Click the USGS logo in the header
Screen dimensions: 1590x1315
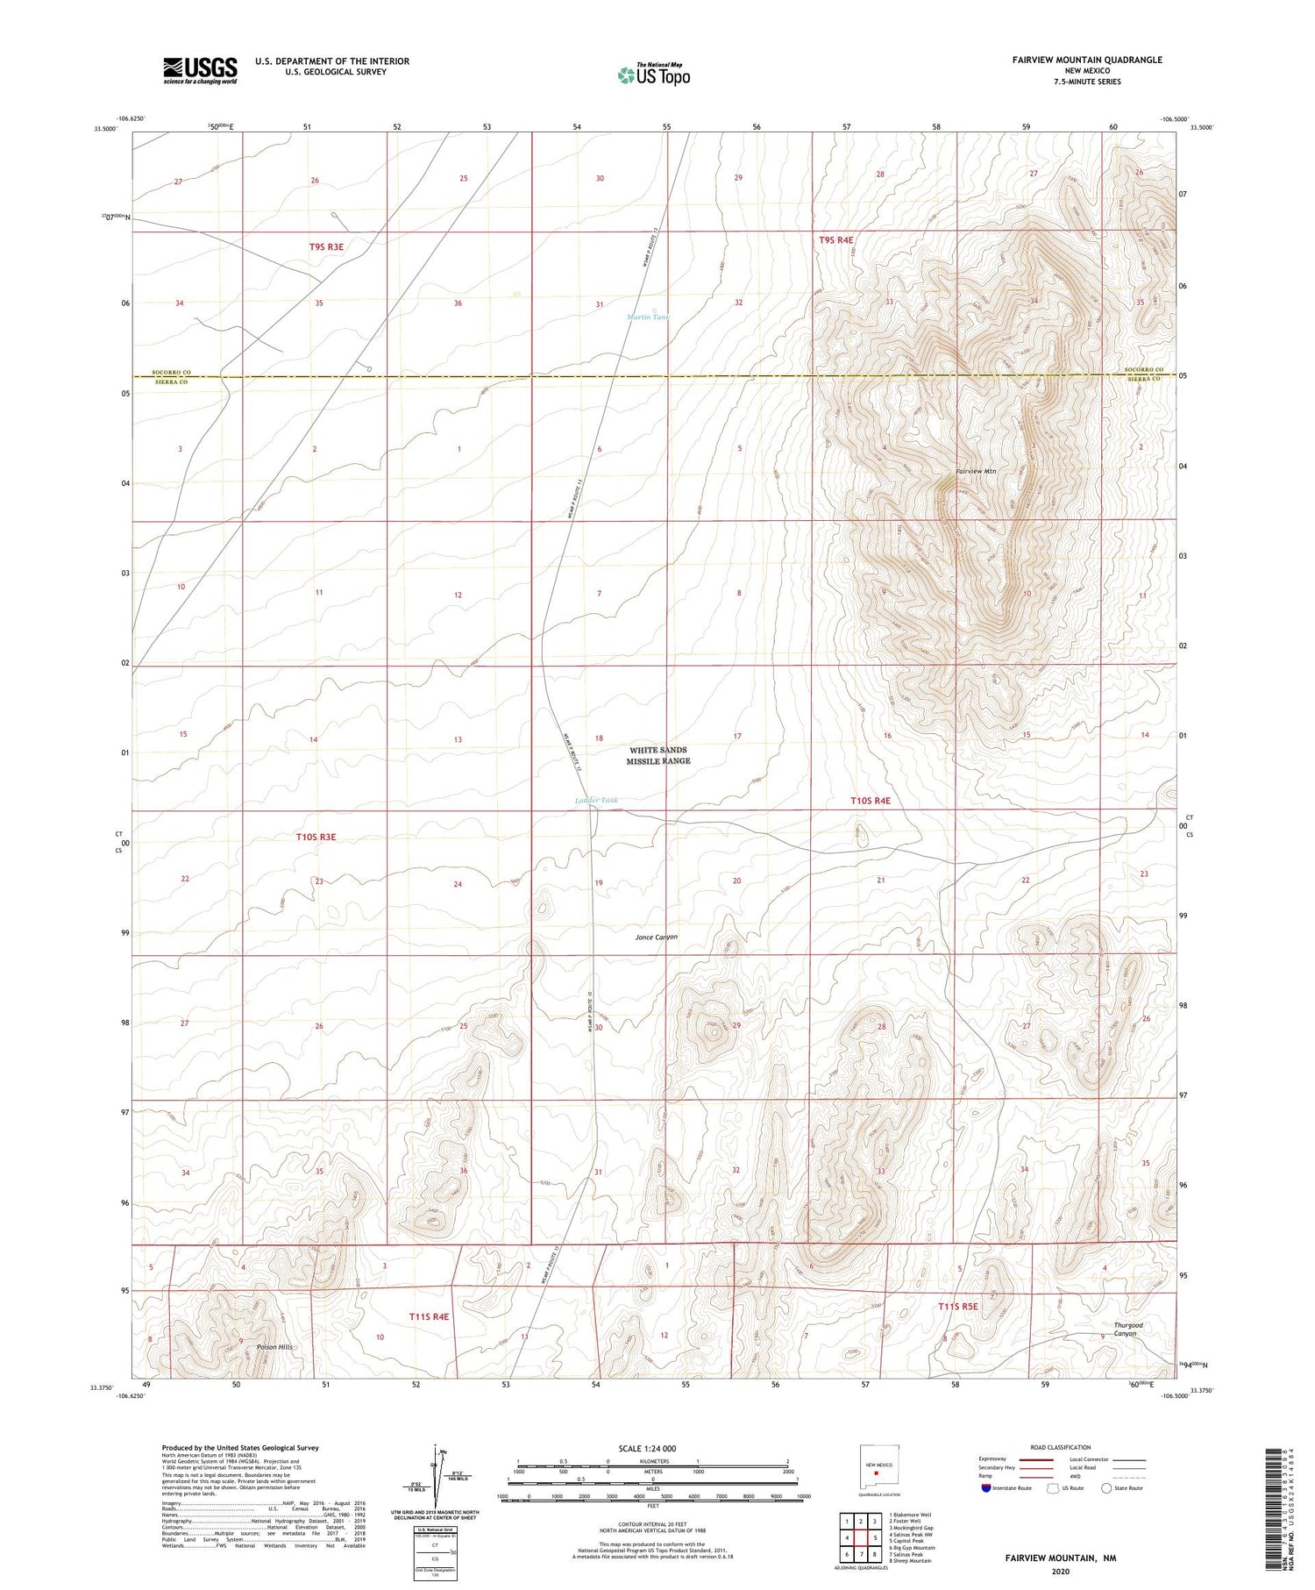pyautogui.click(x=200, y=70)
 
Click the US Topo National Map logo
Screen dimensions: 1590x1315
pyautogui.click(x=653, y=75)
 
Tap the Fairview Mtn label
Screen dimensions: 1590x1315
pyautogui.click(x=976, y=472)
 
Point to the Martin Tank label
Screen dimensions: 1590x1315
pyautogui.click(x=647, y=317)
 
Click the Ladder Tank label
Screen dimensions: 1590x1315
pyautogui.click(x=596, y=800)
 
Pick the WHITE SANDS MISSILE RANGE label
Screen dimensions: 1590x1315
pyautogui.click(x=658, y=756)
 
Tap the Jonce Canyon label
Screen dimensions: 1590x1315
pyautogui.click(x=656, y=938)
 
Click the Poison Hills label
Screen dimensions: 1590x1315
pyautogui.click(x=274, y=1347)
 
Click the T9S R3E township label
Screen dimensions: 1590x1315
pyautogui.click(x=326, y=247)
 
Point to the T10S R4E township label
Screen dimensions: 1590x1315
pyautogui.click(x=870, y=801)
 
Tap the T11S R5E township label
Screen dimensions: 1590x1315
pyautogui.click(x=957, y=1307)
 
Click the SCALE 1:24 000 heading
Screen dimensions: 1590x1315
pyautogui.click(x=647, y=1448)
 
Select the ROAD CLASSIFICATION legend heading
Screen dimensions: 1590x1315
pyautogui.click(x=1061, y=1447)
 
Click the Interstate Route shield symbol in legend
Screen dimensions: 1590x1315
pyautogui.click(x=986, y=1488)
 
